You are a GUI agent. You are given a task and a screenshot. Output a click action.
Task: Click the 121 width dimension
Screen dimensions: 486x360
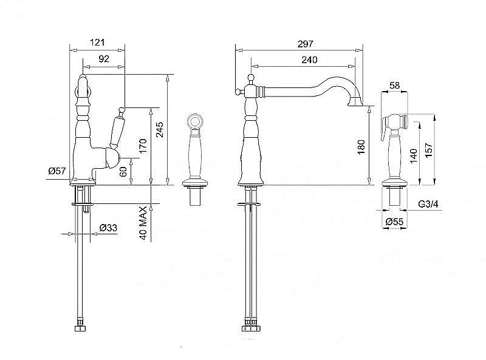[x=97, y=42]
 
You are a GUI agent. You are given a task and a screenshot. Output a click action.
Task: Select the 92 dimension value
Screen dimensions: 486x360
[x=104, y=58]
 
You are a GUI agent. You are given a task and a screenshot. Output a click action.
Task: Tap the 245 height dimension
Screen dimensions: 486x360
[x=160, y=129]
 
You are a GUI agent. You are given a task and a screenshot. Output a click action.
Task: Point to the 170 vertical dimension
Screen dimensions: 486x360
[x=143, y=146]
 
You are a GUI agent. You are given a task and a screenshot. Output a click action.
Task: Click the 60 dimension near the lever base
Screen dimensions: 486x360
[x=123, y=171]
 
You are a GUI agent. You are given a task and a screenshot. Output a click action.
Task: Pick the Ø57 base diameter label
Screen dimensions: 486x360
[x=57, y=171]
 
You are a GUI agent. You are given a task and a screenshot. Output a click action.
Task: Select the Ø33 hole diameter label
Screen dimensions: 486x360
[x=109, y=228]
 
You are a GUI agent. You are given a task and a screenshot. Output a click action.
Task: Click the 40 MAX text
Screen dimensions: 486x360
[x=143, y=223]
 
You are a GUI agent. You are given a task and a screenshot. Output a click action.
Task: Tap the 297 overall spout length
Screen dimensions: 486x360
[x=306, y=44]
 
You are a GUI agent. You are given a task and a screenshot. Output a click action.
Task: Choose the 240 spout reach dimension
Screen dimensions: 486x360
[x=309, y=59]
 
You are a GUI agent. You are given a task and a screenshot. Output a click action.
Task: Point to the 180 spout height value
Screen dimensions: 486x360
[x=361, y=147]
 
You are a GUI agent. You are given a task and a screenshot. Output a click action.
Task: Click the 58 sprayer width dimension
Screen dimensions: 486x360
[x=394, y=85]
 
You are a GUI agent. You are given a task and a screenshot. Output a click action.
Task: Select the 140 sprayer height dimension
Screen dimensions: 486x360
[x=414, y=155]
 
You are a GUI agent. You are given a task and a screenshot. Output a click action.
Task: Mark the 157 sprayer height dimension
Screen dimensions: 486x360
[x=429, y=150]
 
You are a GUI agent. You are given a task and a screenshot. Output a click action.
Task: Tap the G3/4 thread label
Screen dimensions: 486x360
[x=428, y=204]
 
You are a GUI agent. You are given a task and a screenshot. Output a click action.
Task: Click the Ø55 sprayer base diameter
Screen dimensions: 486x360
[x=394, y=222]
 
